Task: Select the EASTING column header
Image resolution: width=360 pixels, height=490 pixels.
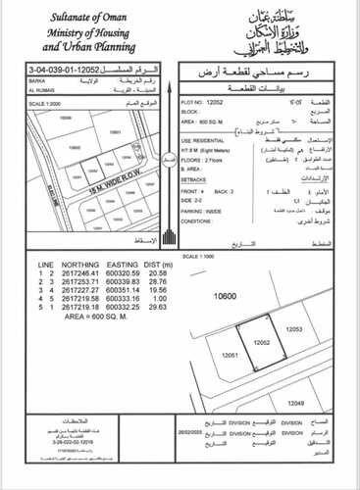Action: click(118, 264)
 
